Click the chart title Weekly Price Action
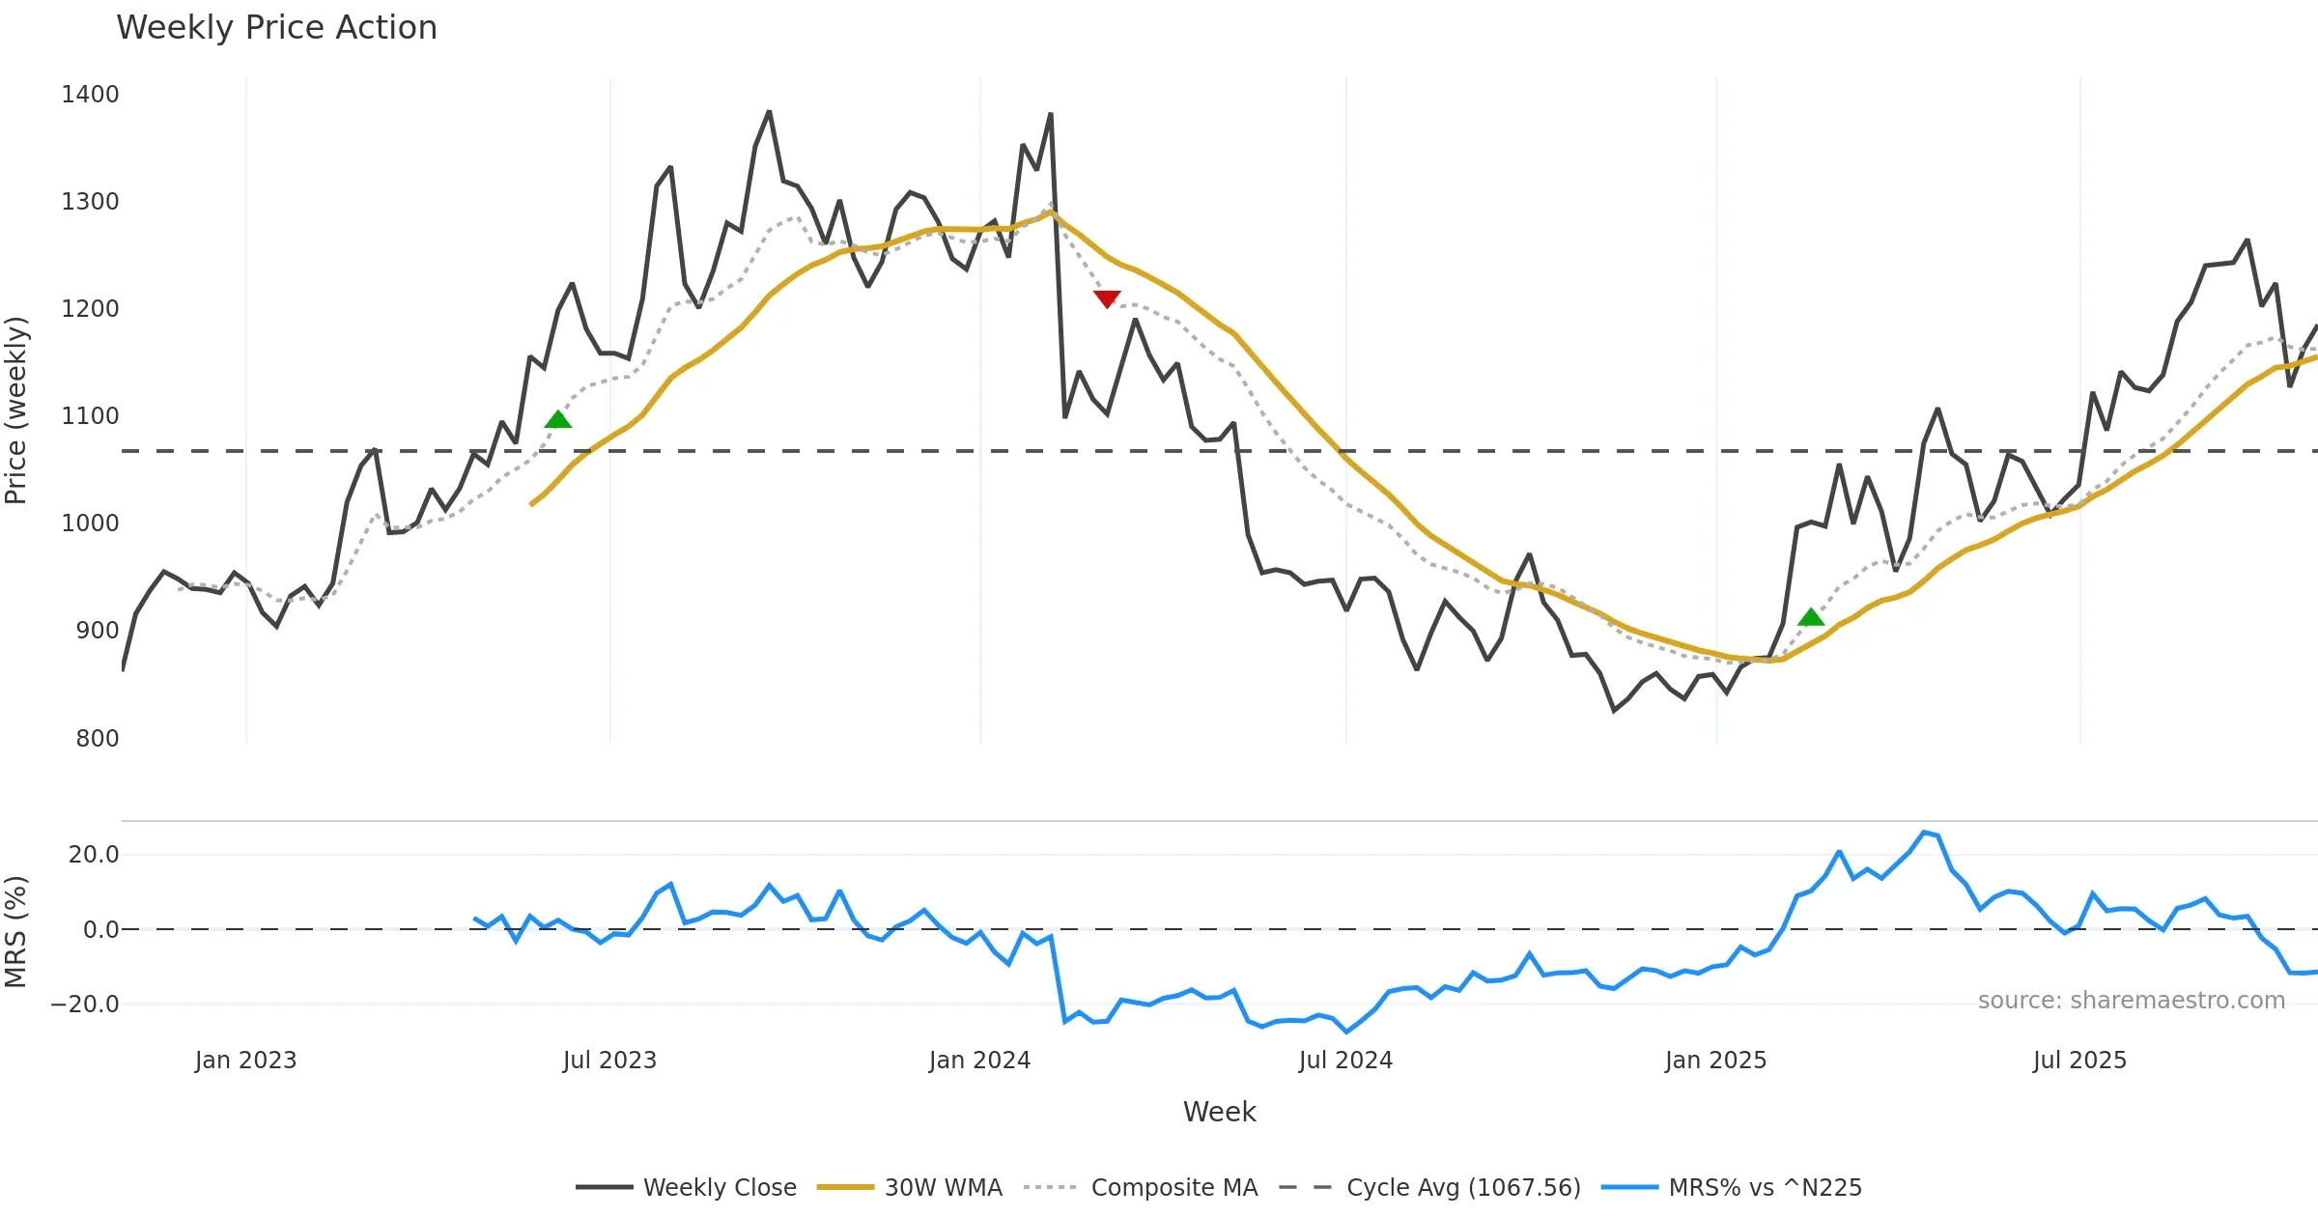click(x=276, y=28)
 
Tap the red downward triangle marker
click(x=1107, y=298)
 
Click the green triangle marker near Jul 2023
click(x=558, y=419)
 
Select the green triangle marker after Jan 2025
click(x=1811, y=617)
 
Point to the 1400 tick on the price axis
click(x=90, y=95)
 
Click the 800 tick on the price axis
click(x=97, y=739)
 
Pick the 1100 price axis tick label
click(x=90, y=416)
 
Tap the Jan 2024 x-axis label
click(x=979, y=1061)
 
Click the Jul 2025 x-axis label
click(x=2079, y=1061)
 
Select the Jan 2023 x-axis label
click(x=245, y=1061)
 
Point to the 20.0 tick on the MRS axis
click(x=94, y=855)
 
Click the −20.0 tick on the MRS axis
click(x=85, y=1005)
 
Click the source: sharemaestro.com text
click(x=2131, y=1001)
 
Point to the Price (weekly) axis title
click(x=16, y=410)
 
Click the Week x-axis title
click(x=1219, y=1113)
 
